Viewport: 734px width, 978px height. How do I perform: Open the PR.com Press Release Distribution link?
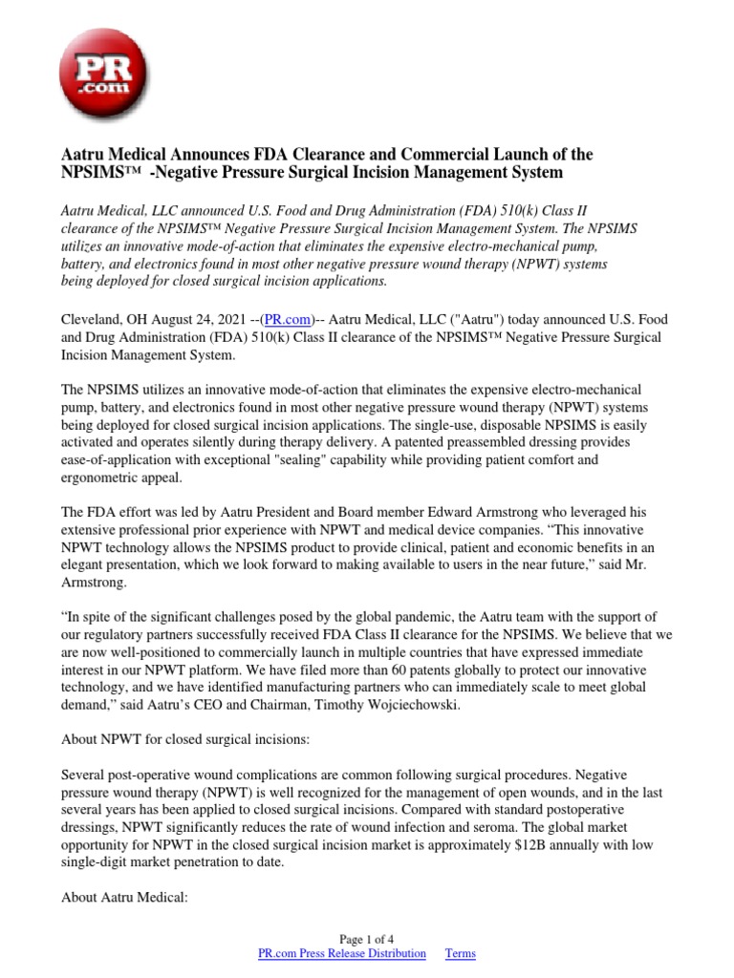tap(342, 953)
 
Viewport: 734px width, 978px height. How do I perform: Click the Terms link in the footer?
tap(460, 953)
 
